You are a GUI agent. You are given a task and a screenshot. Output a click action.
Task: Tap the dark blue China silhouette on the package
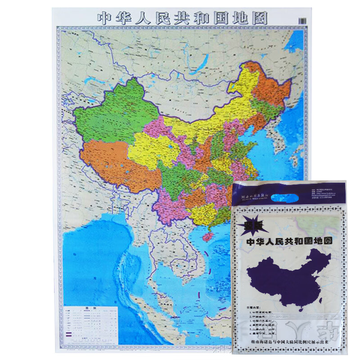click(288, 274)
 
